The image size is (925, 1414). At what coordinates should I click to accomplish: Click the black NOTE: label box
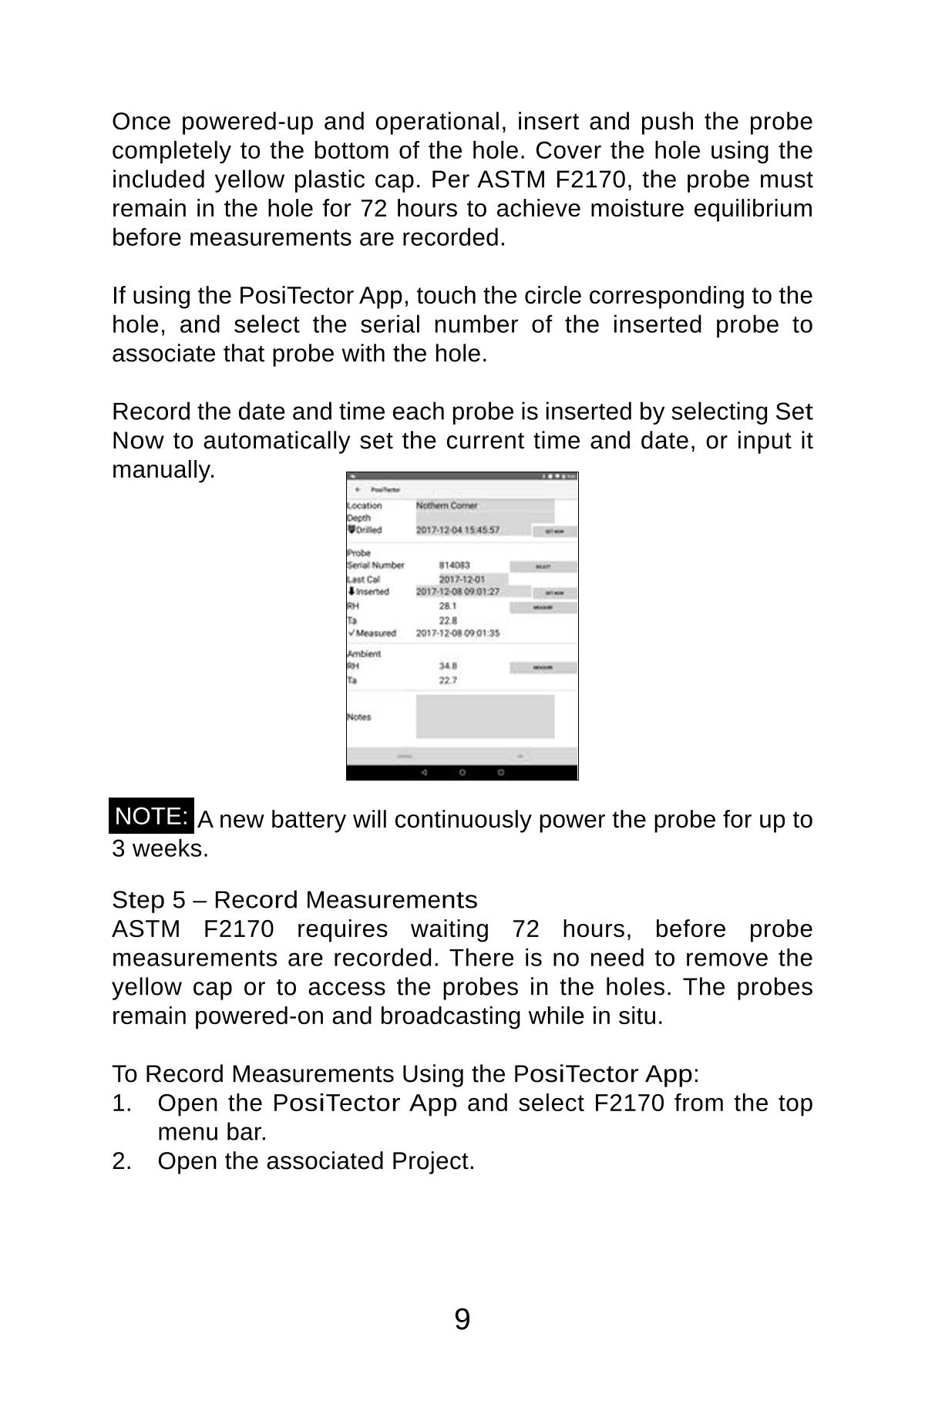tap(151, 816)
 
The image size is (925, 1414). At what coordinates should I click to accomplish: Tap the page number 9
tap(462, 1320)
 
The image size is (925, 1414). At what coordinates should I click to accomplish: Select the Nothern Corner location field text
tap(447, 505)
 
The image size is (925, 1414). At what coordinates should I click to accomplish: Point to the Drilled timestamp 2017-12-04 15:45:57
tap(458, 530)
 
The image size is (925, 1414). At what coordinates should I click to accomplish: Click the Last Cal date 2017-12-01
tap(462, 579)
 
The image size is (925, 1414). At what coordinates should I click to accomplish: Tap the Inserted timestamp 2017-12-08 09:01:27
tap(458, 592)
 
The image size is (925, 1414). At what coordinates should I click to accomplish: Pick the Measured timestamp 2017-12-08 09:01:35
tap(458, 633)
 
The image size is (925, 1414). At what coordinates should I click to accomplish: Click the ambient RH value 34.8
tap(448, 666)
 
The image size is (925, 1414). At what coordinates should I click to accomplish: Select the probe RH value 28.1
tap(448, 606)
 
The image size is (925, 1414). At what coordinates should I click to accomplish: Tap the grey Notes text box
tap(485, 717)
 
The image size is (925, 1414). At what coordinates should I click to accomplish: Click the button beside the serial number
tap(543, 566)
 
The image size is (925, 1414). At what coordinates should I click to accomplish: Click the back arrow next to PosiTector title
tap(358, 490)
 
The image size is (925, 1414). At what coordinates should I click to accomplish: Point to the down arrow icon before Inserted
tap(351, 592)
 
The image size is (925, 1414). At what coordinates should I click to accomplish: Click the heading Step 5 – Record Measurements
tap(294, 900)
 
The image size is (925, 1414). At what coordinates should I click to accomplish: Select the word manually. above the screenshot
tap(163, 469)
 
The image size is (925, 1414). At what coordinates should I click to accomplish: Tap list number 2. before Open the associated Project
tap(122, 1161)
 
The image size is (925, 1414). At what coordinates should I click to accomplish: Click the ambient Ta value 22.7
tap(448, 680)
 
